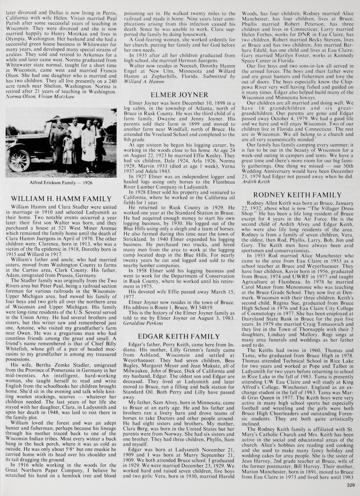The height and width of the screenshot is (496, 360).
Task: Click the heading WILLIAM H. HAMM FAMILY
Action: [x=61, y=199]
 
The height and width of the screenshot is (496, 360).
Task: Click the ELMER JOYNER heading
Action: [x=179, y=95]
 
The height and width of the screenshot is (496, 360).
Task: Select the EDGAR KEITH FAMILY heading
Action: [x=179, y=336]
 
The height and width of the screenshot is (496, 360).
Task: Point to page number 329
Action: [x=351, y=486]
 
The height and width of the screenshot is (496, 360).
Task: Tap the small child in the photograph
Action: [x=68, y=147]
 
